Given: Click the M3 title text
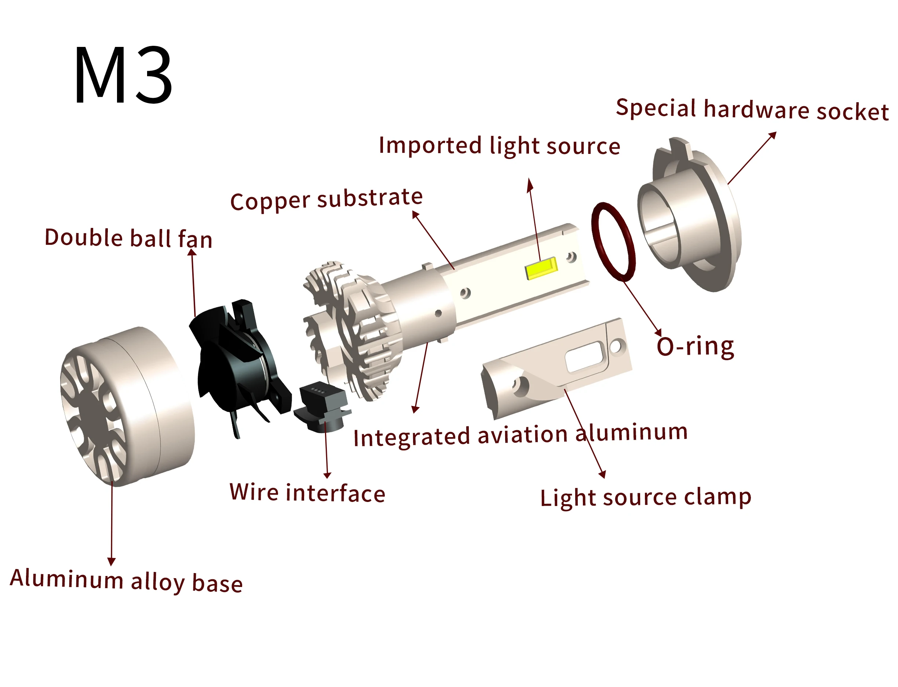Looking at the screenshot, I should [123, 75].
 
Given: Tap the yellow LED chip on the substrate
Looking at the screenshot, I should [541, 268].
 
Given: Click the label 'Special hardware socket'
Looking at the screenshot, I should [752, 110].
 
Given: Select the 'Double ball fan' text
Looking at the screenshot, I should [128, 239].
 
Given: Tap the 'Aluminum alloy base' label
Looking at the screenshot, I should [126, 581].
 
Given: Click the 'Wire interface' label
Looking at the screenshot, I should [307, 493].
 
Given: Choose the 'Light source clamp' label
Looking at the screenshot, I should [646, 498].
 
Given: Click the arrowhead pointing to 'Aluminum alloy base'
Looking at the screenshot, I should [111, 561].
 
